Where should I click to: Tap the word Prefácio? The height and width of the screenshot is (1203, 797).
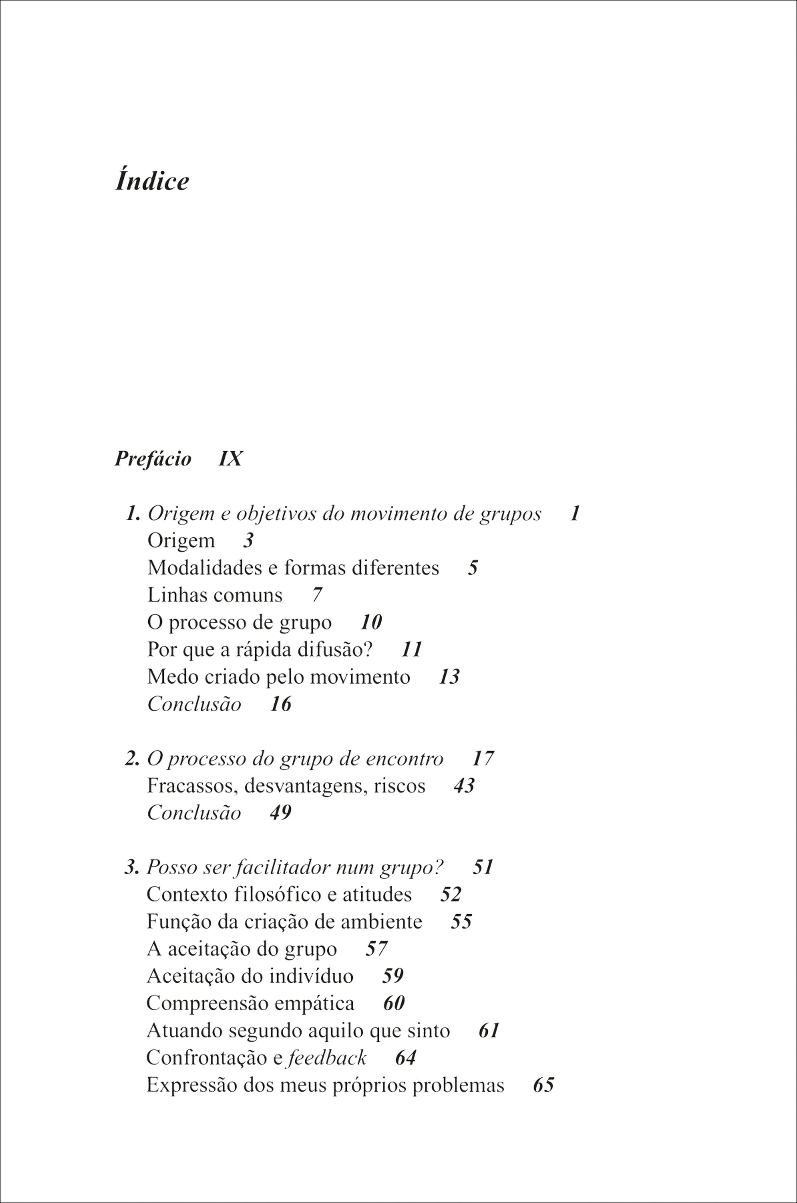(x=152, y=459)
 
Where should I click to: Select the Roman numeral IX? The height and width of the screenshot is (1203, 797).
(x=230, y=459)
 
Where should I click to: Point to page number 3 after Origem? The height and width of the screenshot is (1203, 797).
(x=248, y=540)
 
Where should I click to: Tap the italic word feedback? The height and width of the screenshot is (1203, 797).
(x=327, y=1058)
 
